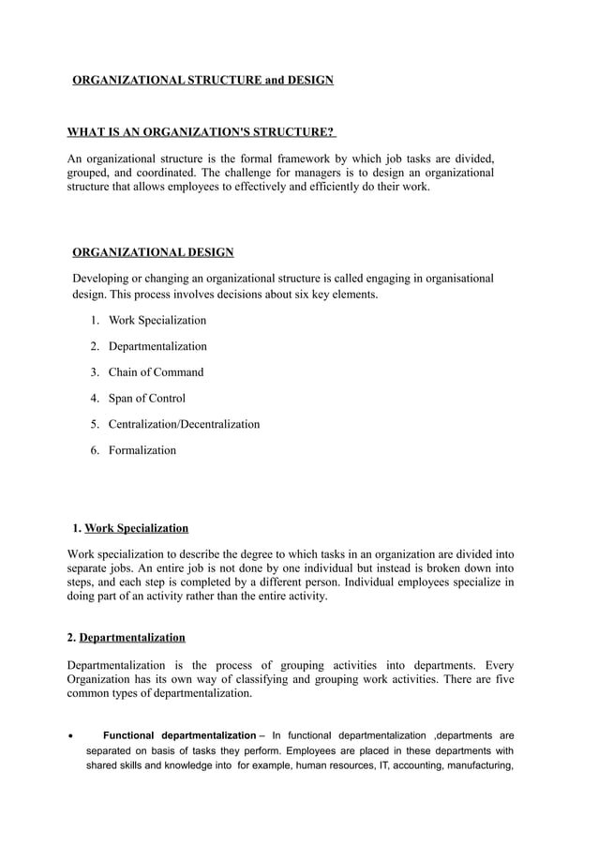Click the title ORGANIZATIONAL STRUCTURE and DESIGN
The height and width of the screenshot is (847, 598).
coord(203,81)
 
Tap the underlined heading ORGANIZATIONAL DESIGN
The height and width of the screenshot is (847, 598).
coord(154,252)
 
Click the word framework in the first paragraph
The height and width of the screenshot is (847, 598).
coord(351,157)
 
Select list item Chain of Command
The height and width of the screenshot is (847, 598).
coord(156,372)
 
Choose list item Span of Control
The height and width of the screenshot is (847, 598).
coord(147,399)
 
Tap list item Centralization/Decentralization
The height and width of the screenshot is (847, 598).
coord(184,424)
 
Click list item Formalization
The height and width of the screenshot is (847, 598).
coord(142,450)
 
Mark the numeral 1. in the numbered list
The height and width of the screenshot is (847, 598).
coord(96,321)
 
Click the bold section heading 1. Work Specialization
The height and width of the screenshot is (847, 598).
coord(130,528)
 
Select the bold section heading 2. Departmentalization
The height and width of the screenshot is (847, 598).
coord(127,638)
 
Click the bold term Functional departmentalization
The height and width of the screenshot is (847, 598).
coord(178,734)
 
